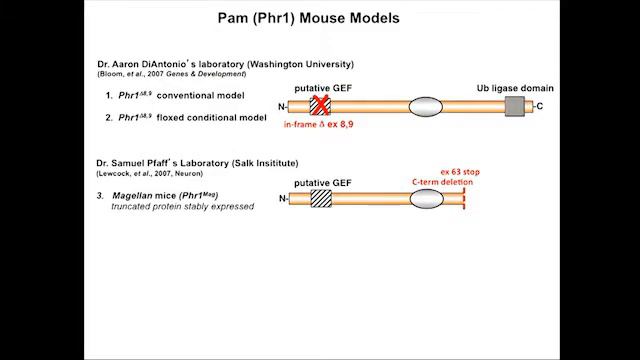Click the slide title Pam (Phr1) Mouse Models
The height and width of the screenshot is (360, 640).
coord(320,18)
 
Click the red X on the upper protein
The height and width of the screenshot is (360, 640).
coord(320,106)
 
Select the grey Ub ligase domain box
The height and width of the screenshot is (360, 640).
coord(515,106)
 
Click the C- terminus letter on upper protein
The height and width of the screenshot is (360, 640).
coord(539,106)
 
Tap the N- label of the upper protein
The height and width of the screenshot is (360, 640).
coord(283,106)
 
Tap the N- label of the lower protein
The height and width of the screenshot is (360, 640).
coord(283,199)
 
